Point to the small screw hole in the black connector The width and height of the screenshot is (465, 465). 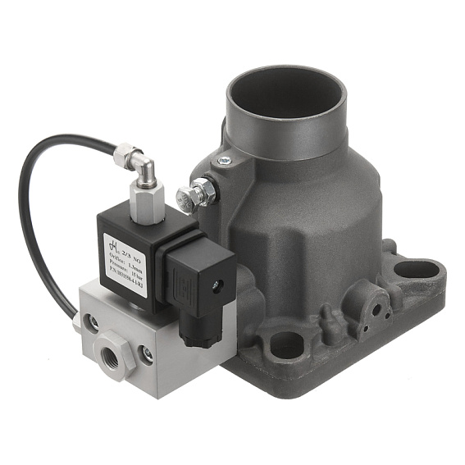tap(217, 286)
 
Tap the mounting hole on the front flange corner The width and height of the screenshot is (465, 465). tap(283, 349)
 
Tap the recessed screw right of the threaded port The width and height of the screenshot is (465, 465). tap(147, 354)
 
